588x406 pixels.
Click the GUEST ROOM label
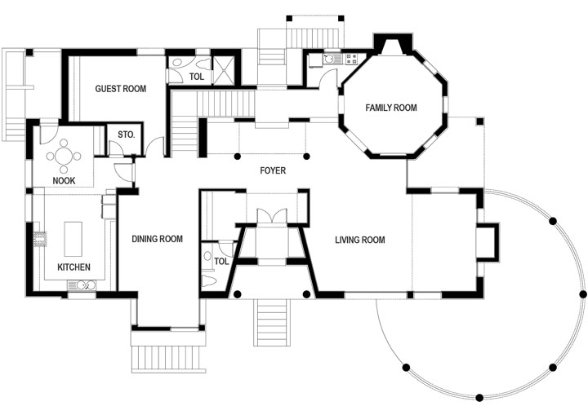(120, 89)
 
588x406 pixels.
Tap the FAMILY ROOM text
(391, 108)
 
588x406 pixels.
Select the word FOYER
(273, 170)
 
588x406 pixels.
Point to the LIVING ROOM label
(360, 240)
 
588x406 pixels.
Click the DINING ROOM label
(157, 239)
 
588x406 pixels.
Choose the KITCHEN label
(73, 267)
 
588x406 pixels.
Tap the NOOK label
(64, 181)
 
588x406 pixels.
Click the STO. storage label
(126, 135)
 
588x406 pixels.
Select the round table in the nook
(64, 157)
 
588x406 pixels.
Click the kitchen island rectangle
(73, 239)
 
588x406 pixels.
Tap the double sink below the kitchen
(82, 285)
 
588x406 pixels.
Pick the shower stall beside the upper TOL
(224, 69)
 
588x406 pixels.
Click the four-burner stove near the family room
(352, 59)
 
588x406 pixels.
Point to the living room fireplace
(488, 241)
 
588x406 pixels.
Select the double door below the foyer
(272, 216)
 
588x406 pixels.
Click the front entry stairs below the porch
(272, 323)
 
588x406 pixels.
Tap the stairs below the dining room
(168, 359)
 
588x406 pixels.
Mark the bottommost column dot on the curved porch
(479, 397)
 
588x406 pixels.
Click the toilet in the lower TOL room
(208, 280)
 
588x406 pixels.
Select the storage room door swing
(115, 148)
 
